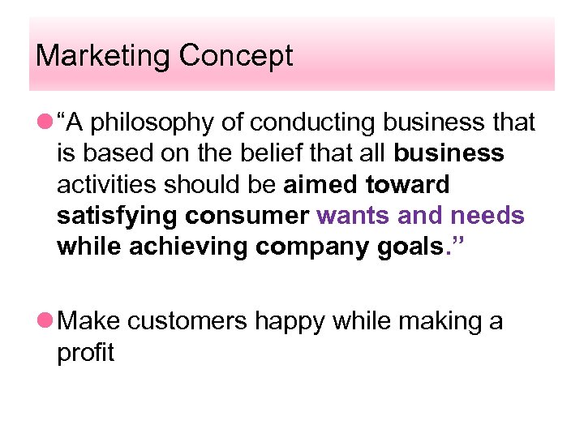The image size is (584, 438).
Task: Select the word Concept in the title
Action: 236,56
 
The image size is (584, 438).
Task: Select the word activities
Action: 105,184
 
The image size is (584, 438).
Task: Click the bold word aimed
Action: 320,184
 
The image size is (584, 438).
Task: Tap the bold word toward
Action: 407,184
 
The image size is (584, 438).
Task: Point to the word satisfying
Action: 118,216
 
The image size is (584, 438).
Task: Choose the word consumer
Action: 247,216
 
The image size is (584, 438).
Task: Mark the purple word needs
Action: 487,216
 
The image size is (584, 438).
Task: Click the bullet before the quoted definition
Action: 41,123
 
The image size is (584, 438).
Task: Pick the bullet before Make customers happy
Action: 41,322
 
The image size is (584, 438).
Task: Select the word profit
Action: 85,353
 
